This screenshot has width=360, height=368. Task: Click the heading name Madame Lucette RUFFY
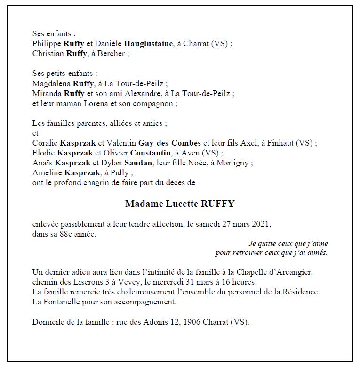pyautogui.click(x=180, y=204)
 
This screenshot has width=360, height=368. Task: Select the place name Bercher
pyautogui.click(x=112, y=54)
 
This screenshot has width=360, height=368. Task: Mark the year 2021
pyautogui.click(x=262, y=224)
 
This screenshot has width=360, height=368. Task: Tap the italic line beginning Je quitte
pyautogui.click(x=288, y=244)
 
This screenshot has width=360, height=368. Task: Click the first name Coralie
pyautogui.click(x=45, y=143)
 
